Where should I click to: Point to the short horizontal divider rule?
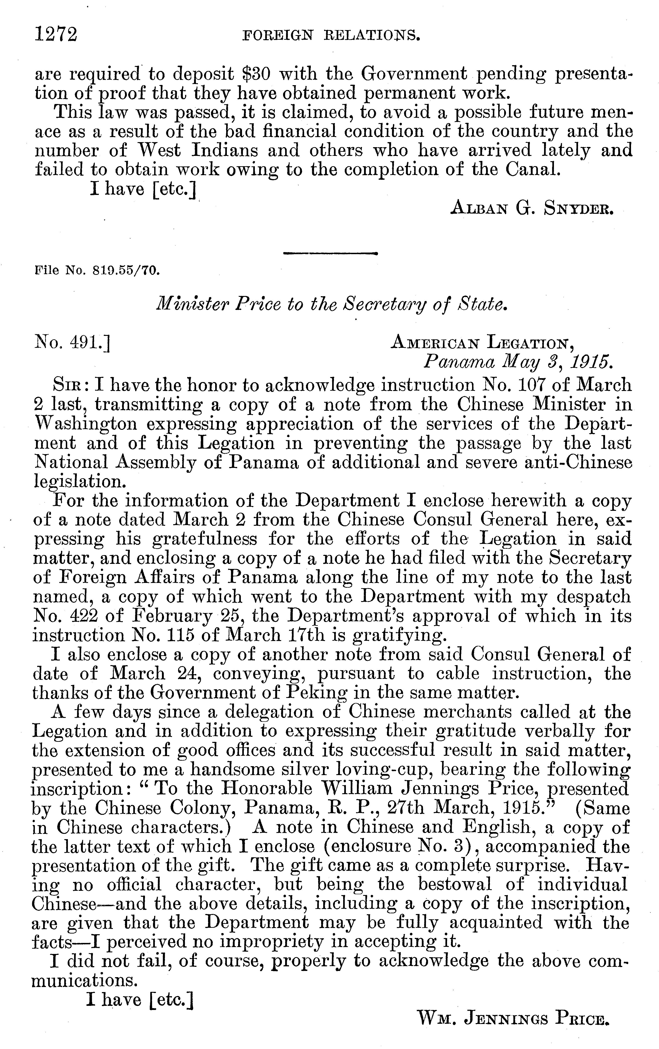330,253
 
